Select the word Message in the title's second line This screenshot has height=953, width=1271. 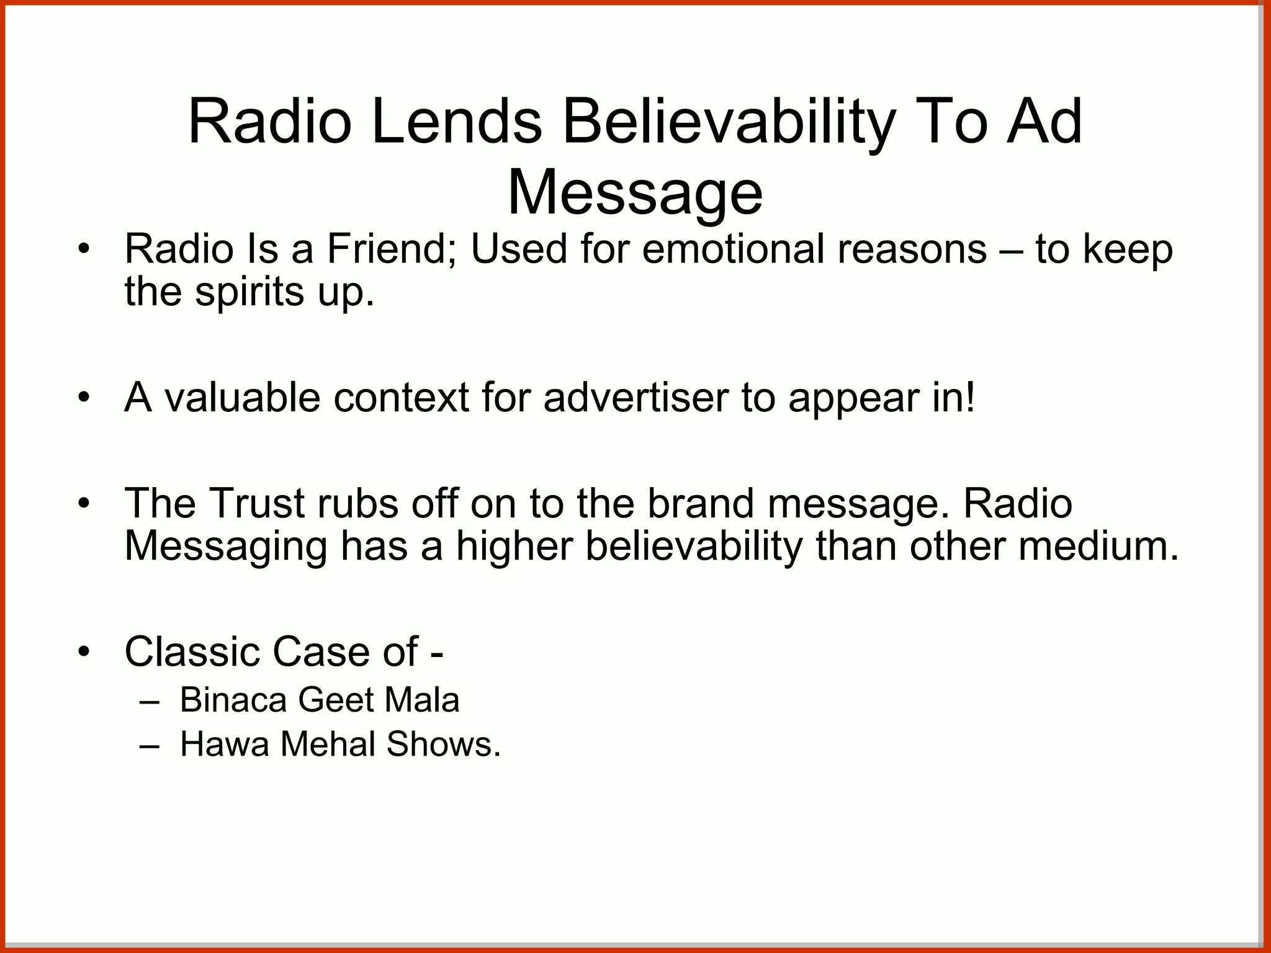coord(635,194)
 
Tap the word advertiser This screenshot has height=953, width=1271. coord(635,398)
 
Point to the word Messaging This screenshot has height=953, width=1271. coord(226,547)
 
